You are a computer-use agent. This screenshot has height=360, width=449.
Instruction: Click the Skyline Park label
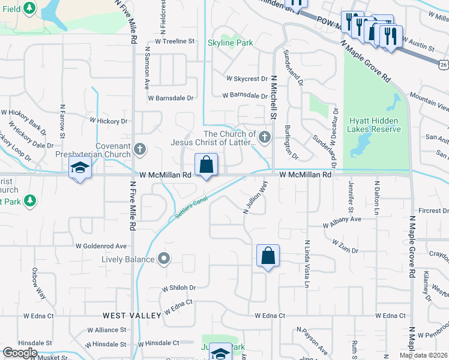tap(230, 43)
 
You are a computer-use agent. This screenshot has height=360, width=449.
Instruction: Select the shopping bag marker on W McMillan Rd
tap(206, 165)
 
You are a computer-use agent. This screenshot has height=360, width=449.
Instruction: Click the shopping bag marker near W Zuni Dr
tap(268, 256)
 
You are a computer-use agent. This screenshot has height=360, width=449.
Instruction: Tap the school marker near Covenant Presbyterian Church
tap(79, 169)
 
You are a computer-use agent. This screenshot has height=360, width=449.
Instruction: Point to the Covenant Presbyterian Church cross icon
tap(139, 148)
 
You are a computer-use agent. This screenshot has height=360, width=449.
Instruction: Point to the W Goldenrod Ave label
tap(101, 246)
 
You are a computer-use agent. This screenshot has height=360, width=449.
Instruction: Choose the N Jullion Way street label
tap(254, 197)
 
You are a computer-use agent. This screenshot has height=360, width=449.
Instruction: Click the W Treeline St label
tap(175, 41)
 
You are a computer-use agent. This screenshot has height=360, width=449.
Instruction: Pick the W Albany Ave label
tap(342, 221)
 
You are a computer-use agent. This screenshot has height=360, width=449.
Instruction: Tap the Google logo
tap(19, 353)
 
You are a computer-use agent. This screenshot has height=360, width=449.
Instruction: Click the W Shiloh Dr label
tap(179, 288)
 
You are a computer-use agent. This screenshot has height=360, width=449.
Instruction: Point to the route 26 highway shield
tap(443, 64)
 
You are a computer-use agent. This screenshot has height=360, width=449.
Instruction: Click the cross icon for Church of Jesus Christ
tap(265, 138)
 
